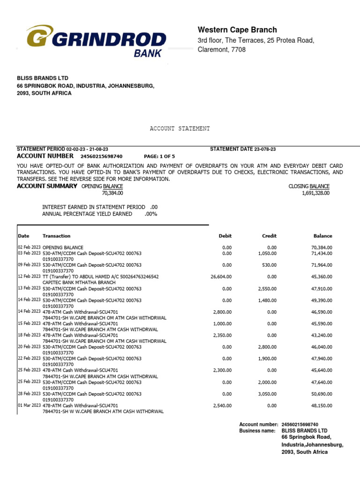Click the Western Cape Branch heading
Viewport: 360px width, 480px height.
(237, 30)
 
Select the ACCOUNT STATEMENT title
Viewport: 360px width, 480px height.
(180, 128)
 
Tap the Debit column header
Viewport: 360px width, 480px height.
(225, 236)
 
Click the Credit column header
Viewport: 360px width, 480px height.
(269, 236)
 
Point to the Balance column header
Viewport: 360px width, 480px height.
(322, 236)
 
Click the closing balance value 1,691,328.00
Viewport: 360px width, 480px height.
(316, 193)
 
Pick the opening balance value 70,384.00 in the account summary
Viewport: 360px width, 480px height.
(112, 193)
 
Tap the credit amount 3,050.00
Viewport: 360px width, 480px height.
(267, 394)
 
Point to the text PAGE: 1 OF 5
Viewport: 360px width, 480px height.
(159, 156)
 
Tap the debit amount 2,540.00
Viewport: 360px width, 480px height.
(222, 405)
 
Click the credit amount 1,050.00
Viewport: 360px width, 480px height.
(267, 253)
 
